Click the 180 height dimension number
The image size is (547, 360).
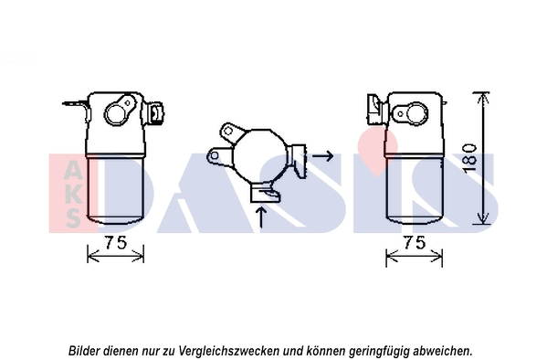[470, 157]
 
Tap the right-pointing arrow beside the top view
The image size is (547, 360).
[322, 155]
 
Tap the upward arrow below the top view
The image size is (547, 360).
[261, 217]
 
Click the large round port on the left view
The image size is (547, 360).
[115, 114]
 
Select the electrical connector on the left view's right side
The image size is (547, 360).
[155, 112]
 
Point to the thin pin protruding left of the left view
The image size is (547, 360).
[74, 103]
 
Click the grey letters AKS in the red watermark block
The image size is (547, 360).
[73, 194]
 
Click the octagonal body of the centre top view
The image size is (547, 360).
[260, 155]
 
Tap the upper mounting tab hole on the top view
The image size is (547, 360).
[228, 132]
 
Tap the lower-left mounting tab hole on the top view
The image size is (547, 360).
[215, 155]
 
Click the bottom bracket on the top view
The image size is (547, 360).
[265, 193]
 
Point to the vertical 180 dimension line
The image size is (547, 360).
[483, 158]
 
